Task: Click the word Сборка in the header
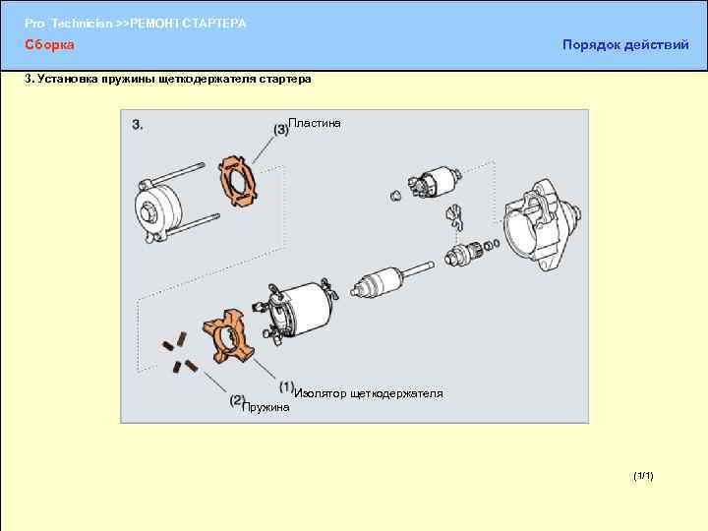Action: pyautogui.click(x=49, y=45)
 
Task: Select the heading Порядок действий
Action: pyautogui.click(x=625, y=45)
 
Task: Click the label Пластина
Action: pyautogui.click(x=315, y=123)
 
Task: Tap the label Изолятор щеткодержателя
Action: pyautogui.click(x=368, y=393)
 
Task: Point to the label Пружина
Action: pyautogui.click(x=266, y=406)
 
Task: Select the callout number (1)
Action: pyautogui.click(x=286, y=386)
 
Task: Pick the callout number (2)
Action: pyautogui.click(x=237, y=400)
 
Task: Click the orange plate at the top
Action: pyautogui.click(x=238, y=180)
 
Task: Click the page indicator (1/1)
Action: pyautogui.click(x=643, y=476)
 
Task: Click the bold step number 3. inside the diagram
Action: pyautogui.click(x=139, y=125)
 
